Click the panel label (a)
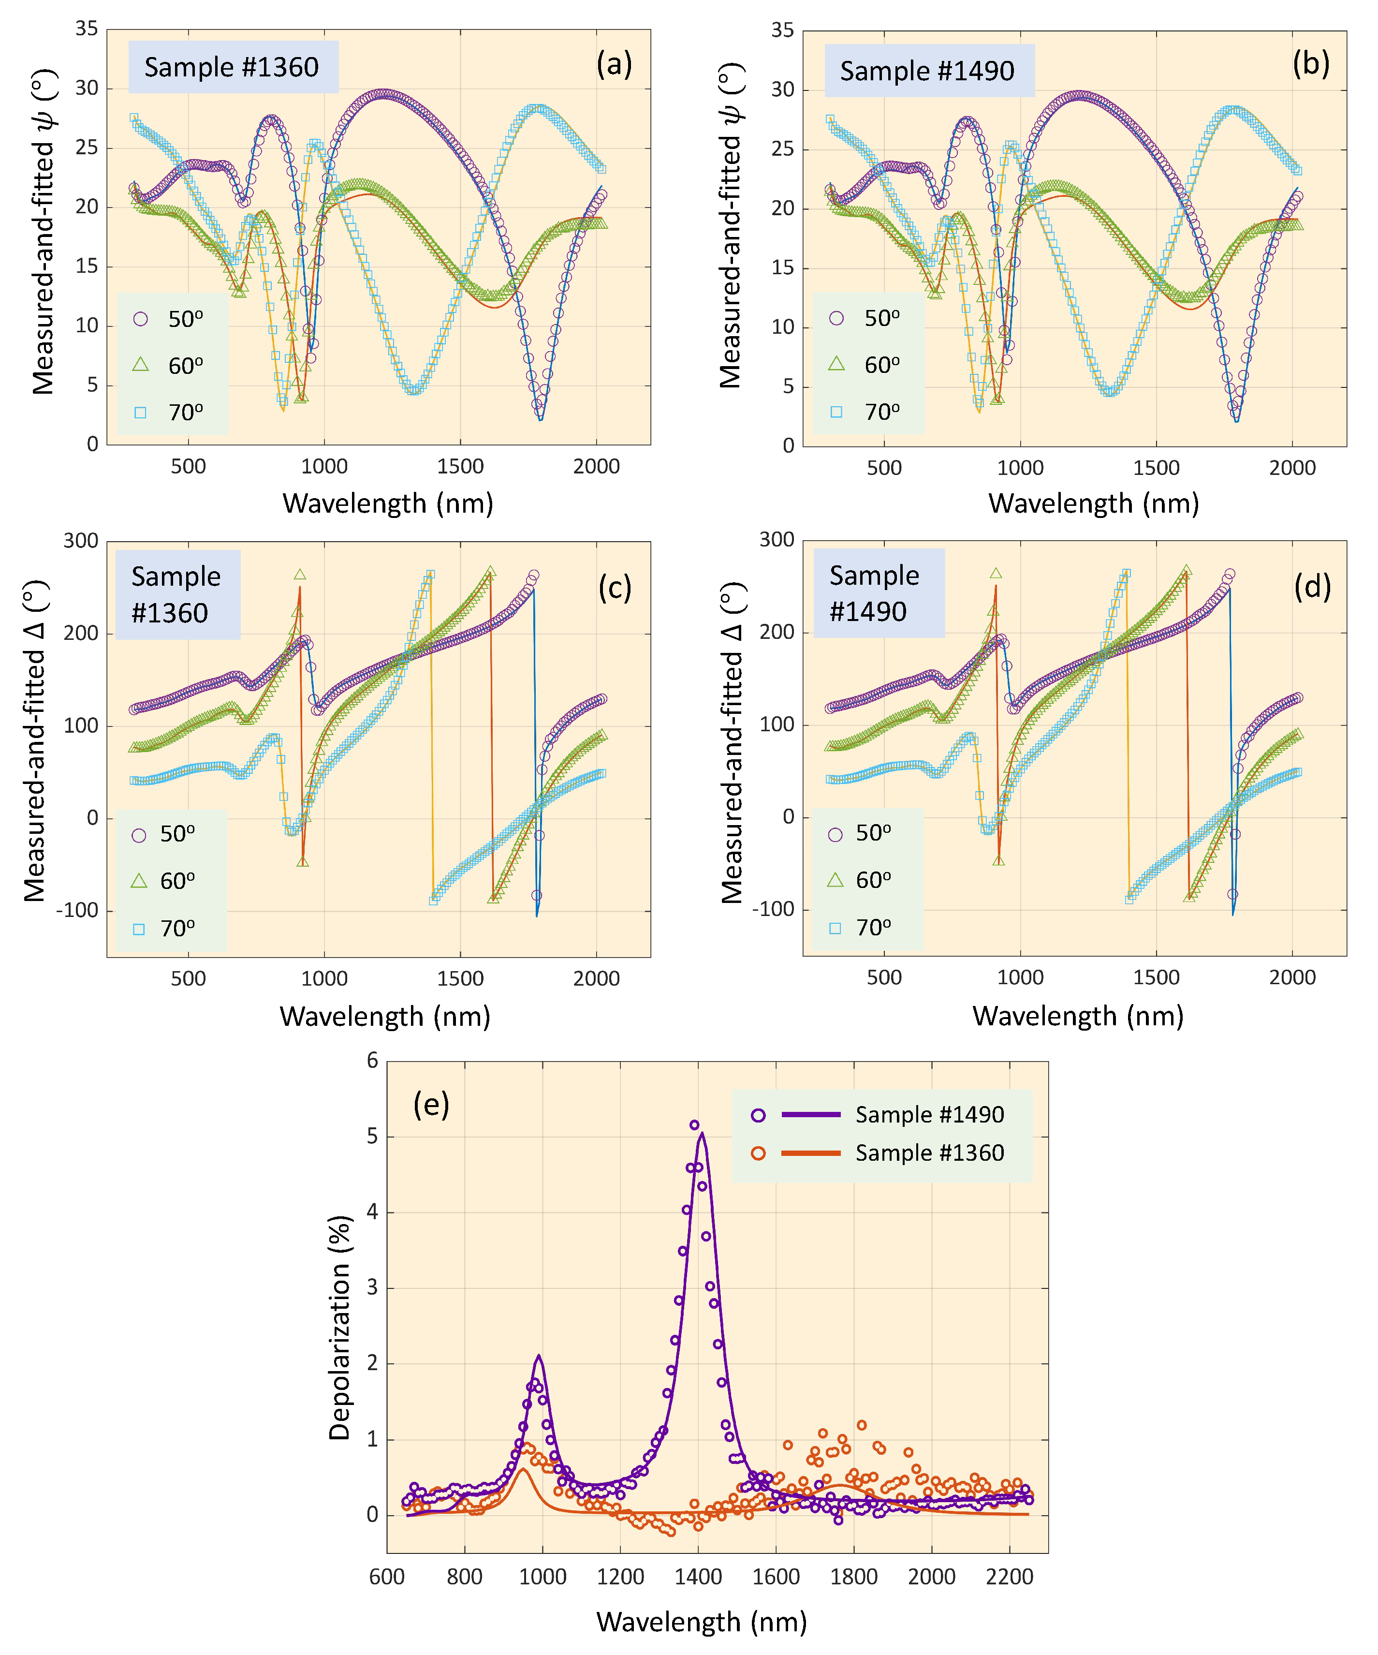coord(614,64)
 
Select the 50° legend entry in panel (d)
coord(862,833)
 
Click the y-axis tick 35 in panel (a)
coord(87,29)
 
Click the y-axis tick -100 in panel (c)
coord(77,910)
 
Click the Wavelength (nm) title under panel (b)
coord(1094,503)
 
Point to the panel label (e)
coord(431,1105)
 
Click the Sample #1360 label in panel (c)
coord(176,594)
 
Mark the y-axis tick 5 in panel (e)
coord(373,1137)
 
